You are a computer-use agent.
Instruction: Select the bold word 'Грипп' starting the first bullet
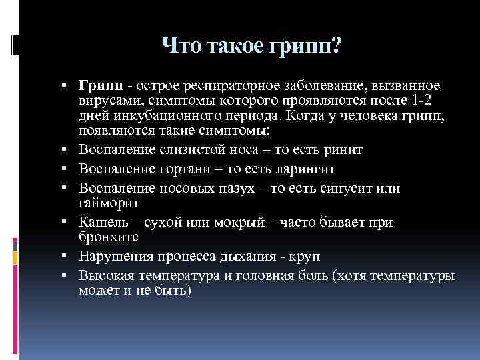coord(100,87)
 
